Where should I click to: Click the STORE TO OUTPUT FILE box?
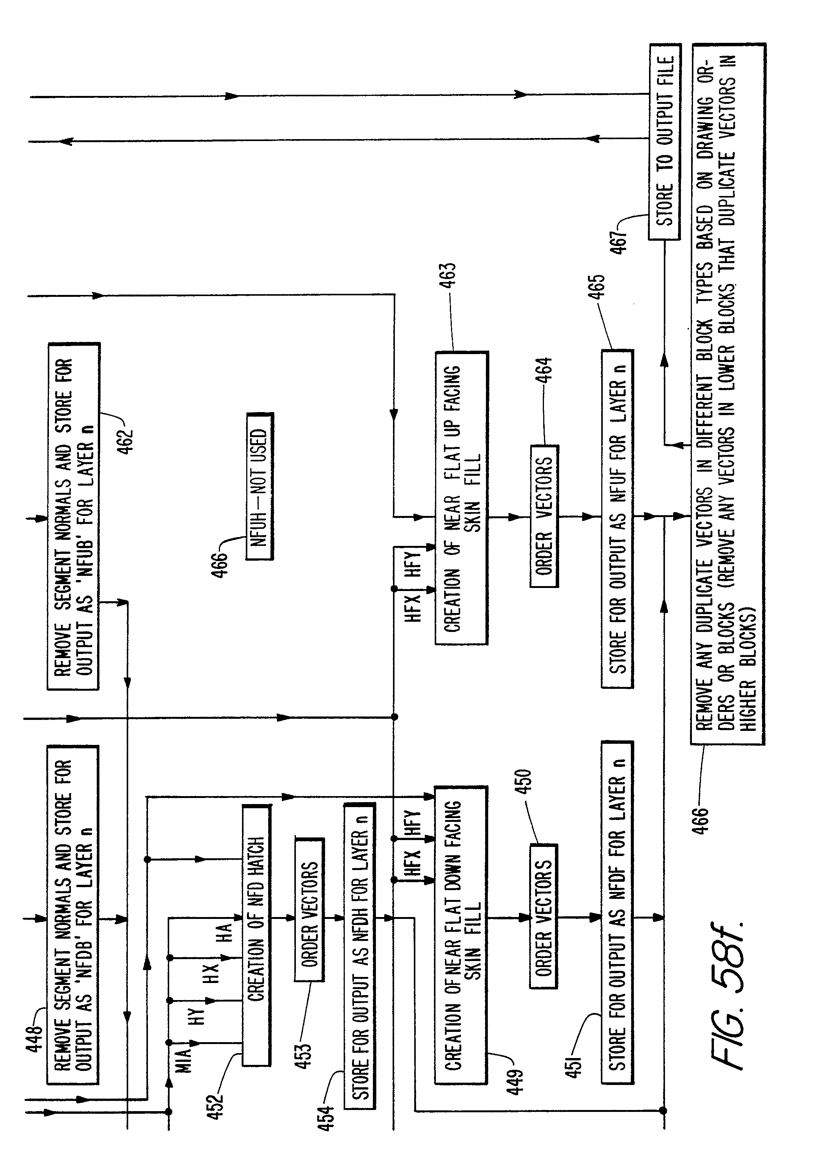click(x=665, y=142)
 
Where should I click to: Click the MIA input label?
click(x=184, y=1060)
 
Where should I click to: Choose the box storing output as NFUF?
click(x=617, y=518)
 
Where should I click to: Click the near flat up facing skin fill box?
click(x=461, y=498)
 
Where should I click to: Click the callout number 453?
click(x=302, y=1056)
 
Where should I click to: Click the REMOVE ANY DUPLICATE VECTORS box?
click(x=727, y=394)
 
